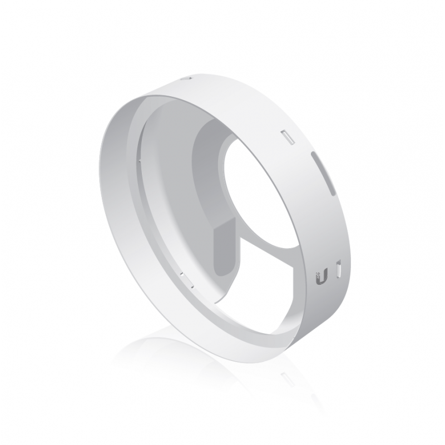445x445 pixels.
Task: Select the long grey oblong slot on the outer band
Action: coord(325,173)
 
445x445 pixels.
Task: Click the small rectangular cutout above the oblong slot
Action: coord(289,137)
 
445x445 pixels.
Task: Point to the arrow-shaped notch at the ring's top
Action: coord(187,79)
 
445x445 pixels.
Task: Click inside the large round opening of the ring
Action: coord(261,189)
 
